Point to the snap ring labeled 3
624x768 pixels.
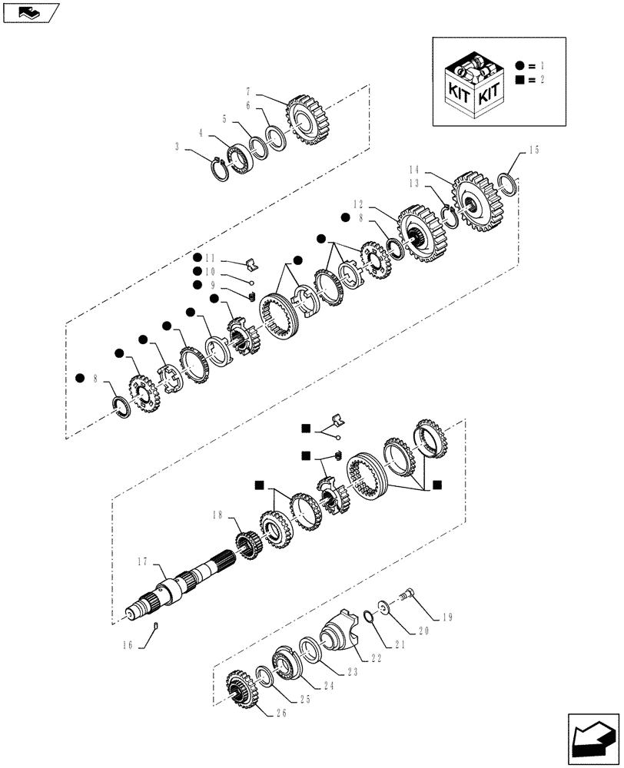[221, 167]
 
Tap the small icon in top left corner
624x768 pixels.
[28, 11]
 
